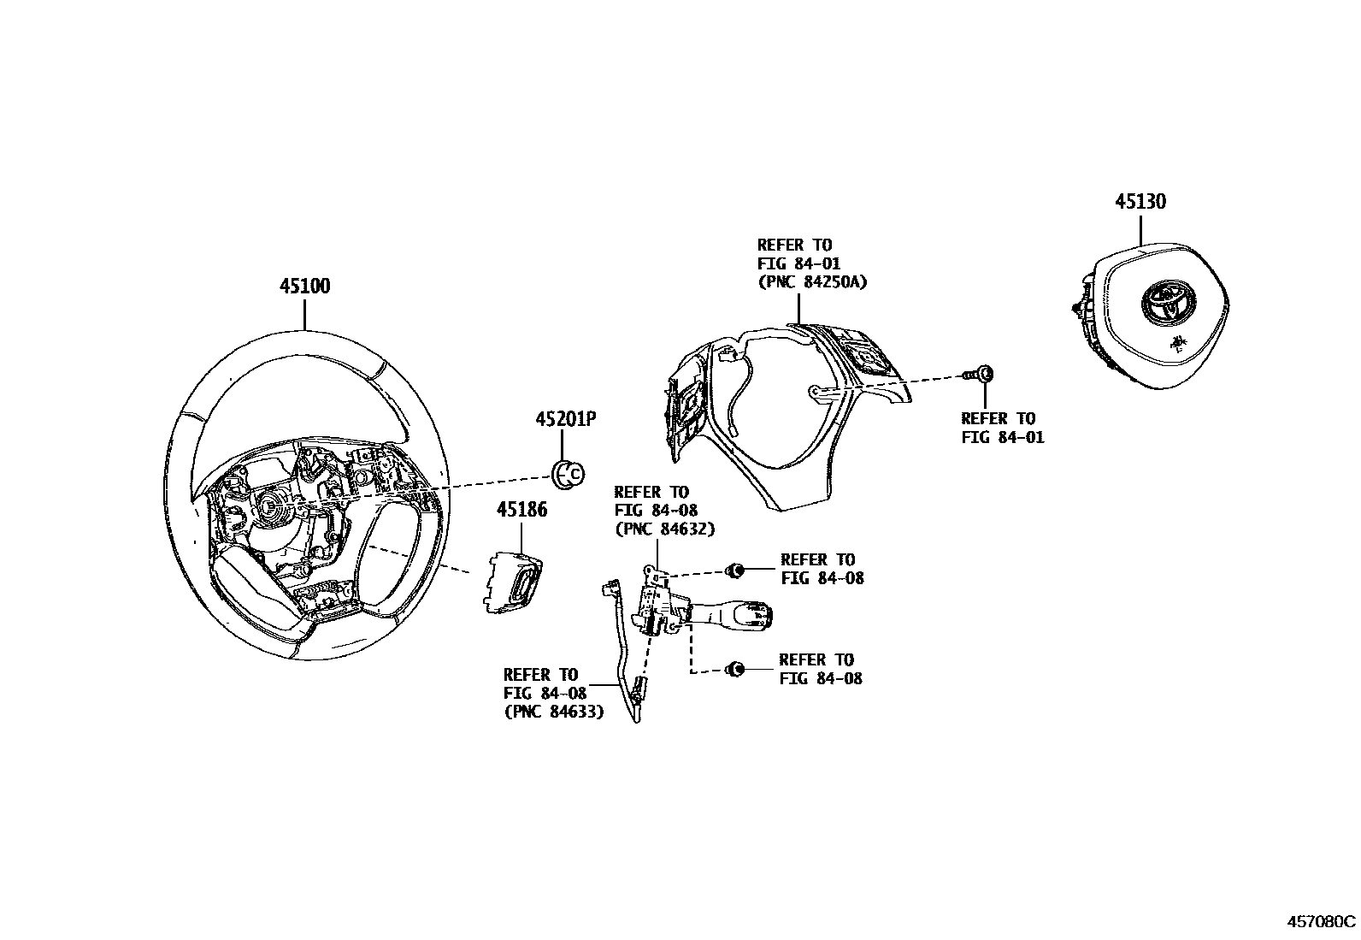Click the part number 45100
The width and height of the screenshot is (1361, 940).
[304, 286]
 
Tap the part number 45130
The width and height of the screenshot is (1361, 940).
[1140, 202]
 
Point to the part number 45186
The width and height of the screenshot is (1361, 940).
[521, 510]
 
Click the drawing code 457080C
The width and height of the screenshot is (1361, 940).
[1322, 922]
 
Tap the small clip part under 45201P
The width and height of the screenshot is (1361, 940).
[567, 473]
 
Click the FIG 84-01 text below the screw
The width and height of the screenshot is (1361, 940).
[1002, 437]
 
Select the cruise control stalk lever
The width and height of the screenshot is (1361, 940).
[735, 612]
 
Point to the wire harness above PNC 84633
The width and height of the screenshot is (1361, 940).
[623, 650]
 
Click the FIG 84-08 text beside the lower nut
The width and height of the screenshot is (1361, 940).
[820, 678]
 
